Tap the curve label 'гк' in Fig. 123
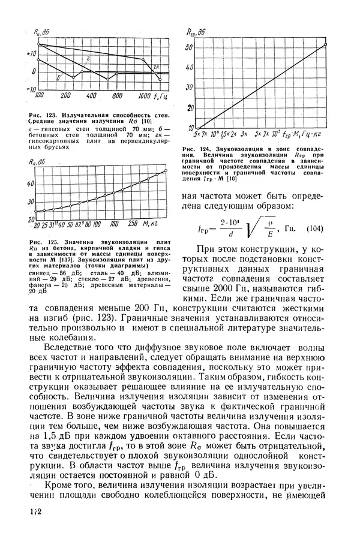[x=156, y=66]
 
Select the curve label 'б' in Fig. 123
[x=58, y=77]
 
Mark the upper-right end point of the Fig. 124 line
[x=325, y=44]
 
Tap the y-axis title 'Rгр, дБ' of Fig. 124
[x=196, y=31]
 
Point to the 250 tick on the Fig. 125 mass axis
[x=133, y=225]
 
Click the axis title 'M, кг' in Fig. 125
[x=155, y=225]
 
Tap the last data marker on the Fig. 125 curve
[x=165, y=173]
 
